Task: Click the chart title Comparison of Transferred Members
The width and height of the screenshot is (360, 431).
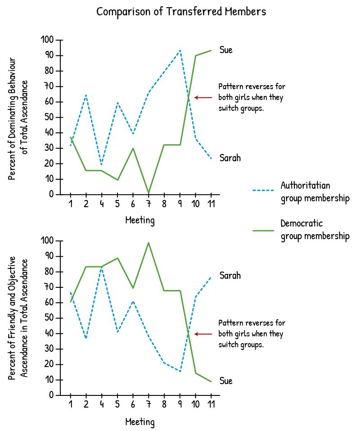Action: point(181,12)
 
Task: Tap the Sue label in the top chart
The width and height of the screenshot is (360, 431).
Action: point(226,50)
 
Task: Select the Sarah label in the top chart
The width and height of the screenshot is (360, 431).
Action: point(230,158)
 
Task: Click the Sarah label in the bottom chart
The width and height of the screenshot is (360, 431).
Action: point(230,276)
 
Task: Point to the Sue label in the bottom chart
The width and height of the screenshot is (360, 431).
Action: point(226,381)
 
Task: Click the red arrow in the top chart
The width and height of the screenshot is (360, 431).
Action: point(203,97)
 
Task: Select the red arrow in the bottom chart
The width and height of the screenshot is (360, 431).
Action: point(203,334)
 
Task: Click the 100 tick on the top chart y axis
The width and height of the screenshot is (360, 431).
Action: point(47,40)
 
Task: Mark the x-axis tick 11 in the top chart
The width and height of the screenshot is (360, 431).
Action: point(211,204)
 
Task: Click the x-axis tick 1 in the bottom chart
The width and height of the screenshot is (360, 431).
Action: point(71,404)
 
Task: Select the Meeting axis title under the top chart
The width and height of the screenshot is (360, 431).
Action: point(139,221)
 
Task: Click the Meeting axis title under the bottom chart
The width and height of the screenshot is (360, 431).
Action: point(139,422)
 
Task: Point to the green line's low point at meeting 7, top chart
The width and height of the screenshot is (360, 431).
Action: point(148,193)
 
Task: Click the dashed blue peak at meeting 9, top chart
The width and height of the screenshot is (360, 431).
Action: point(180,50)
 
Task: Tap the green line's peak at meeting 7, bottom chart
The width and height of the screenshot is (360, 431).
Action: point(148,243)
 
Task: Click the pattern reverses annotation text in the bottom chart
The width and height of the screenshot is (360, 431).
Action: point(251,334)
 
